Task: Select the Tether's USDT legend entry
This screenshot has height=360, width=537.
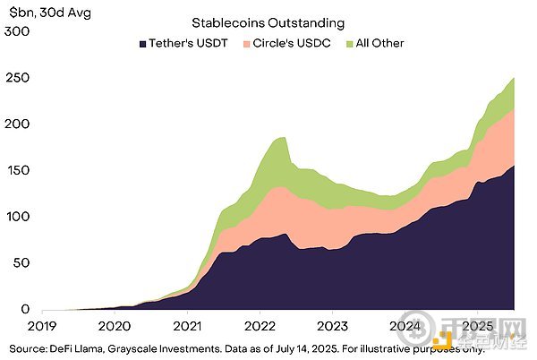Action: click(183, 42)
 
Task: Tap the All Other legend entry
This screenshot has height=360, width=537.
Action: click(379, 42)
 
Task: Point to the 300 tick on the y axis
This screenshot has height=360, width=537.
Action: click(17, 31)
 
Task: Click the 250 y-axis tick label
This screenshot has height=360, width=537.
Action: click(17, 78)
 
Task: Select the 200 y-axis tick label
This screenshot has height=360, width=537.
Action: click(17, 124)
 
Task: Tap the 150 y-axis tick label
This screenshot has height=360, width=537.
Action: click(17, 170)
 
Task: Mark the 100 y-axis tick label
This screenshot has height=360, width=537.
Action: click(17, 217)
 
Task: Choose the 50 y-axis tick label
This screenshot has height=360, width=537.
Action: click(21, 263)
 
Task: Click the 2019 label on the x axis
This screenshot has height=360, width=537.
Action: click(43, 326)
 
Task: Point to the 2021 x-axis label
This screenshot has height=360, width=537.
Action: click(188, 326)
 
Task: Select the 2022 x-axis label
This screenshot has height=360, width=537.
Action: click(260, 326)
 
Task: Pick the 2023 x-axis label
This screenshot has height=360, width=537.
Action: click(333, 326)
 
